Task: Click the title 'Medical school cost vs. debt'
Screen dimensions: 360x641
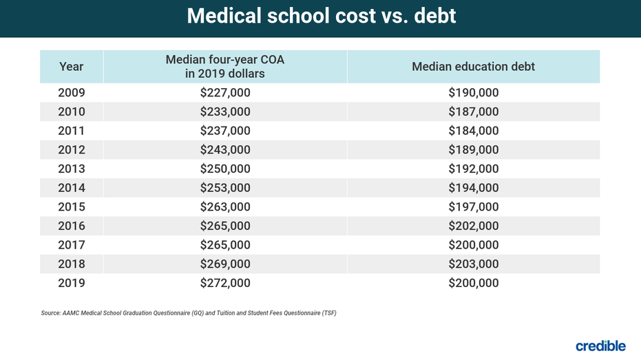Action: point(321,17)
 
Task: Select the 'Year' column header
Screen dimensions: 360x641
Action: point(72,67)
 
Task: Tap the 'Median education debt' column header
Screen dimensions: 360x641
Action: point(473,67)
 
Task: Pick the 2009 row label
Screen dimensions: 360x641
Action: point(72,93)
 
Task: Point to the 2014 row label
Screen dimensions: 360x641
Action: point(72,188)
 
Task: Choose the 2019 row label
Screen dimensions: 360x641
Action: point(72,283)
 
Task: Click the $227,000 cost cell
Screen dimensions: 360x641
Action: point(225,93)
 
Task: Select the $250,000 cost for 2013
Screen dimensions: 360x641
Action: point(225,169)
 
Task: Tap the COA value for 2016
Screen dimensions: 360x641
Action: point(225,226)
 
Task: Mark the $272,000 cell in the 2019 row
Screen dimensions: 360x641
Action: point(225,283)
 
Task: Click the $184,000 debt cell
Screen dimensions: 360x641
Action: point(473,131)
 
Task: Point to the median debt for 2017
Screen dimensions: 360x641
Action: point(473,245)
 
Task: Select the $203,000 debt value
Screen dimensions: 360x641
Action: point(473,264)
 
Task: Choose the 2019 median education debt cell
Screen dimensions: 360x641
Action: point(473,283)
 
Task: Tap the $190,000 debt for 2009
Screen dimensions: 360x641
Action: point(473,93)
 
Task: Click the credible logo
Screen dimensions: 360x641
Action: point(600,346)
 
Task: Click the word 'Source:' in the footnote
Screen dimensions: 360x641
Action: point(52,313)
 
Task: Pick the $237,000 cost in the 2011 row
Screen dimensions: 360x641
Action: point(225,131)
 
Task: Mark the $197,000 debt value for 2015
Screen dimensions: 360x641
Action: point(473,207)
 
